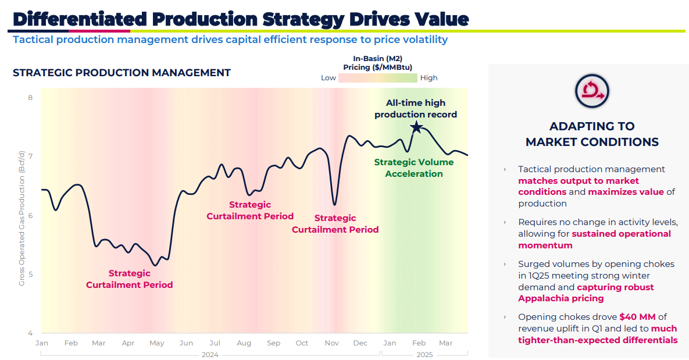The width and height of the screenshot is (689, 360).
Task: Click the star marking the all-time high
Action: pos(416,127)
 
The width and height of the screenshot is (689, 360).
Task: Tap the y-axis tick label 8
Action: pos(30,98)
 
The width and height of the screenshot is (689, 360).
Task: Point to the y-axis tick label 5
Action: pos(30,275)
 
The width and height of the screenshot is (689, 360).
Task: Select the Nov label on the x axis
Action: pos(331,343)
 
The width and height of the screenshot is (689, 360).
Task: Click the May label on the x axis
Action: pos(157,343)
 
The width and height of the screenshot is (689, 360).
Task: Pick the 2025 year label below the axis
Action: pos(424,354)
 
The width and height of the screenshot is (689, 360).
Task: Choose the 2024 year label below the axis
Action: pos(210,354)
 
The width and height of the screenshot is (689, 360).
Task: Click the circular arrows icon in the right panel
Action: pos(591,90)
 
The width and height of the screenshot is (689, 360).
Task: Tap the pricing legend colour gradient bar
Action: pos(378,78)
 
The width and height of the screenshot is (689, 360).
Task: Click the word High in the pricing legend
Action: pos(429,78)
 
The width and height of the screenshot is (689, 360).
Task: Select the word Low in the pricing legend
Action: pos(329,78)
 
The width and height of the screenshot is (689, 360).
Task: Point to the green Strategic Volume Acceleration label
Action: pos(414,168)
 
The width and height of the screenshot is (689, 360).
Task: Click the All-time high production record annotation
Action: pos(416,109)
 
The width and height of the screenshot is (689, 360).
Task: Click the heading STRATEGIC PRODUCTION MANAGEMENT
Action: pos(122,73)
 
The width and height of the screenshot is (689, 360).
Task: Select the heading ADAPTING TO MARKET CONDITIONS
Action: pos(592,134)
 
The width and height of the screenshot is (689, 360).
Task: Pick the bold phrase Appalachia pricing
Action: pos(561,298)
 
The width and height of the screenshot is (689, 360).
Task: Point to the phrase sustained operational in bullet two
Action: pos(621,234)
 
